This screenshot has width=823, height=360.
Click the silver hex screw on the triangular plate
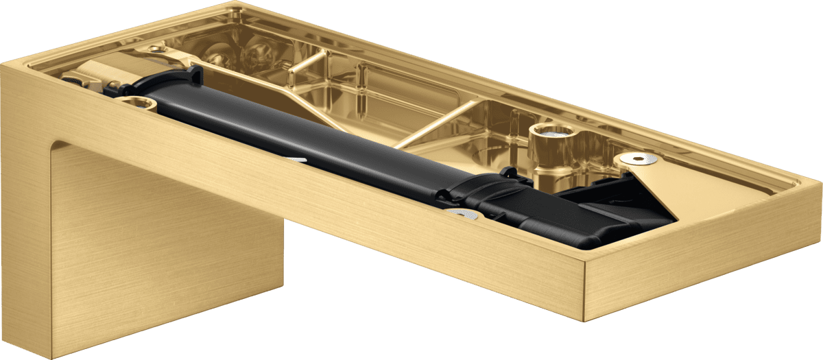(x=642, y=159)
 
